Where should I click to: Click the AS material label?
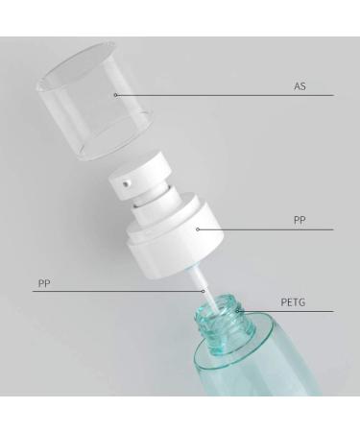[299, 86]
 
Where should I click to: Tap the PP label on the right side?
[299, 220]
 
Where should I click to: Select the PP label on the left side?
[44, 283]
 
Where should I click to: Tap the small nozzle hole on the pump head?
[125, 180]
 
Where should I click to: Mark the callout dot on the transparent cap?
[115, 94]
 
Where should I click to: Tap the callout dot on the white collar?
[198, 228]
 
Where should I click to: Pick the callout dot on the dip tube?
[203, 290]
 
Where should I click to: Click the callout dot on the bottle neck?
[237, 311]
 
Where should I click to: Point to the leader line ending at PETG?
[288, 311]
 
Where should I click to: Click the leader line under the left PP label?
[115, 291]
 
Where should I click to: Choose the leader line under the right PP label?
[269, 229]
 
